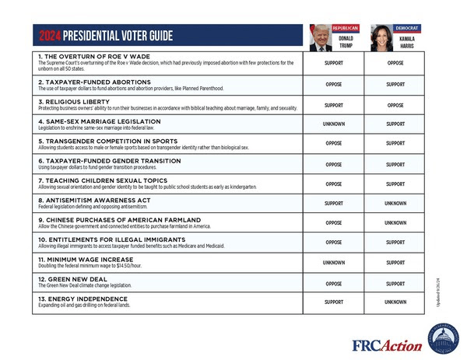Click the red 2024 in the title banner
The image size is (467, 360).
coord(51,37)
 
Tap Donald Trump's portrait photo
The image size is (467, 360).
coord(320,37)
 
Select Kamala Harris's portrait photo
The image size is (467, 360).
coord(381,37)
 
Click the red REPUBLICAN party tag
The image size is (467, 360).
coord(346,28)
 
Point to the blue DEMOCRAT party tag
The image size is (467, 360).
coord(406,28)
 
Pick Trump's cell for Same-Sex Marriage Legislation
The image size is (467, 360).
coord(334,124)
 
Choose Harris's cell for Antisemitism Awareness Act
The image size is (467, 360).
coord(395,204)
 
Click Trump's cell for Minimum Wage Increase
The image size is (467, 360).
coord(334,263)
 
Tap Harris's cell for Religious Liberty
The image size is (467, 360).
coord(395,104)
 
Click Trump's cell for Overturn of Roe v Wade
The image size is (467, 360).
coord(334,64)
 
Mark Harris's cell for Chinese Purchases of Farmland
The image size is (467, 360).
coord(395,223)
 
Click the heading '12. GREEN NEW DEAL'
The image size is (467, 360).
coord(69,278)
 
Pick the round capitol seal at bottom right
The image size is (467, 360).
coord(443,339)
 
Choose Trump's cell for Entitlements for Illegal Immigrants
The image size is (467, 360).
coord(334,243)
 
